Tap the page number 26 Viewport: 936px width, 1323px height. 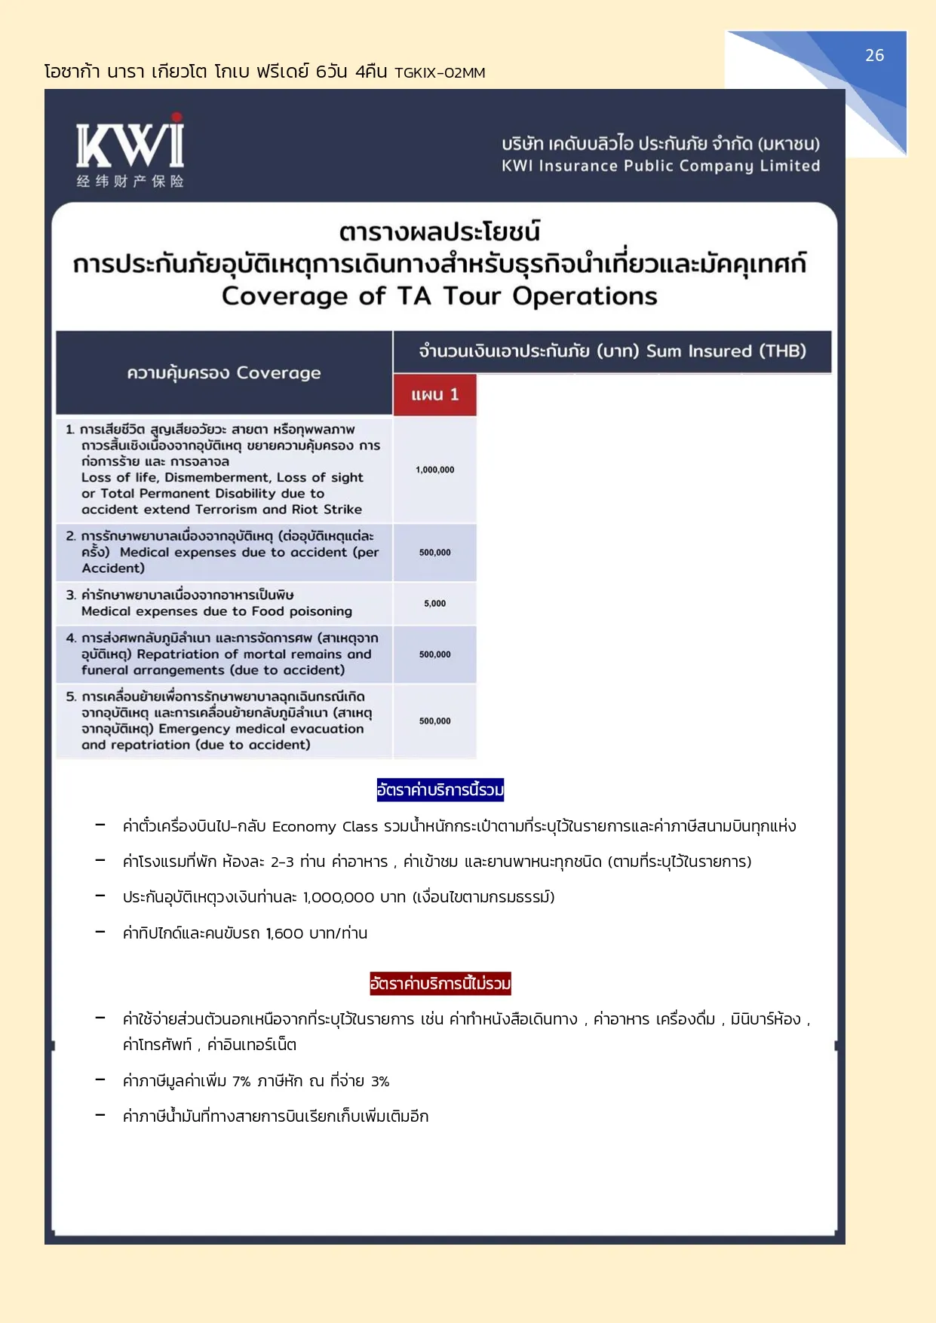click(874, 56)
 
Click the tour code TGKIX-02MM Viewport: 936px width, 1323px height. click(440, 73)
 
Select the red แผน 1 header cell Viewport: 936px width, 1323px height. click(434, 395)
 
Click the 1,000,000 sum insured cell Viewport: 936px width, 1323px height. click(434, 470)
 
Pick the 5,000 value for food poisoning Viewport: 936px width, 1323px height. click(434, 603)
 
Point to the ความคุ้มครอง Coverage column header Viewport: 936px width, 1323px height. click(224, 373)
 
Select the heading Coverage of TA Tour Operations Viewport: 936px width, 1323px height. click(440, 296)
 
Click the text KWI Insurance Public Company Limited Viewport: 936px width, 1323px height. click(661, 166)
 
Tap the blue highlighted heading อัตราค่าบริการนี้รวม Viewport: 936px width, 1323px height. click(440, 790)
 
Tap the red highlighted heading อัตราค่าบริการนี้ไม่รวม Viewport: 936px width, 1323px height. click(440, 983)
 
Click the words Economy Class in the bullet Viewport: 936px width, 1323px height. click(325, 827)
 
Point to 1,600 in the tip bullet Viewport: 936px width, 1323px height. click(284, 933)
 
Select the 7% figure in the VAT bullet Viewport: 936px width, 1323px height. click(241, 1081)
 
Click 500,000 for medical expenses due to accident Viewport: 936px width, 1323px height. click(434, 553)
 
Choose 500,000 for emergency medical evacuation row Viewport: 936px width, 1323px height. click(434, 721)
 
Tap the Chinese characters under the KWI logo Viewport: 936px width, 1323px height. click(130, 181)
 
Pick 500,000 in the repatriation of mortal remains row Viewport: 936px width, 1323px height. click(434, 654)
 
